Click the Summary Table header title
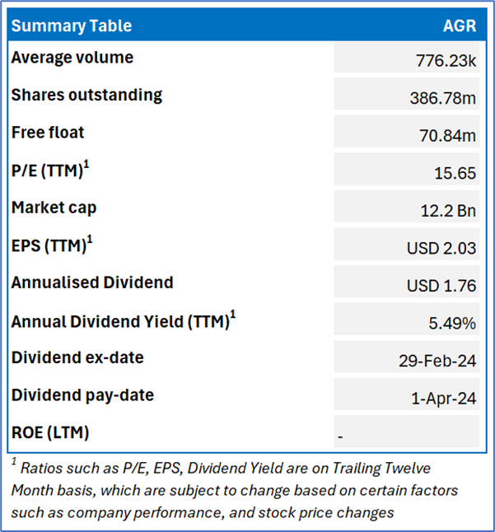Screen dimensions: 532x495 71,26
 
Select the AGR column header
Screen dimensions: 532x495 459,26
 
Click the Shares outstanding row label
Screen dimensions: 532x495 86,95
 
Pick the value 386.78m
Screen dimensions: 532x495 443,98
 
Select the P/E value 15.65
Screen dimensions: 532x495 455,173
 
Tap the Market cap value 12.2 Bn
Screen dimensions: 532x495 445,211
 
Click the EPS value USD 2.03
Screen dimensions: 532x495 441,249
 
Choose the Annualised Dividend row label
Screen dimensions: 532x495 92,282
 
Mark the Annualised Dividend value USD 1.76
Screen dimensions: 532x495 441,286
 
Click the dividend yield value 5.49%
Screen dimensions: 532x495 452,324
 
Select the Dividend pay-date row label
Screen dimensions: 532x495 82,395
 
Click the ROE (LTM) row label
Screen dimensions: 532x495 50,432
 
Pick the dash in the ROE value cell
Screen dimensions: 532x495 340,436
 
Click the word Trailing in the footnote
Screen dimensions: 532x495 352,469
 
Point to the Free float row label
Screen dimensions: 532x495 48,133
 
